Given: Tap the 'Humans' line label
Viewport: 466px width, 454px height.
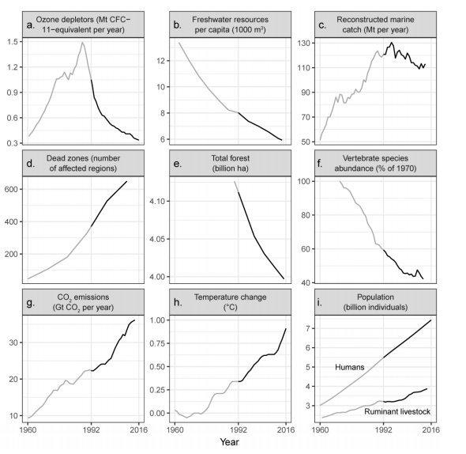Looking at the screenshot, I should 350,367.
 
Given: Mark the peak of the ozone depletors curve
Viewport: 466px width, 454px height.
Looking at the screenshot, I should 82,43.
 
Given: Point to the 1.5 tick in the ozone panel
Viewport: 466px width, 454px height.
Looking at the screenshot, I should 16,42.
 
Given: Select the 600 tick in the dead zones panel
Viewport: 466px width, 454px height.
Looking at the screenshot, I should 14,189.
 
